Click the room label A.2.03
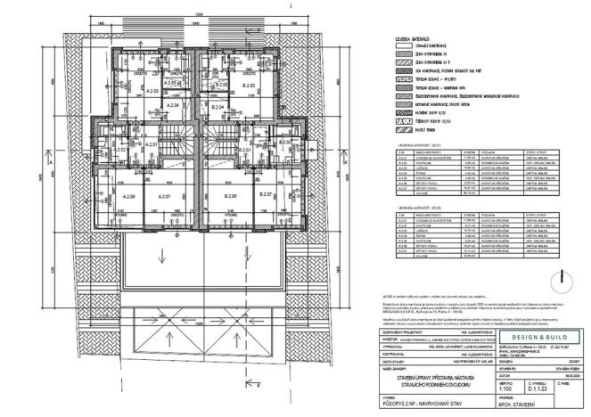[152, 91]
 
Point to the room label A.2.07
[163, 195]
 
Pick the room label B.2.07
[265, 193]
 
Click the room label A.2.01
[152, 144]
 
